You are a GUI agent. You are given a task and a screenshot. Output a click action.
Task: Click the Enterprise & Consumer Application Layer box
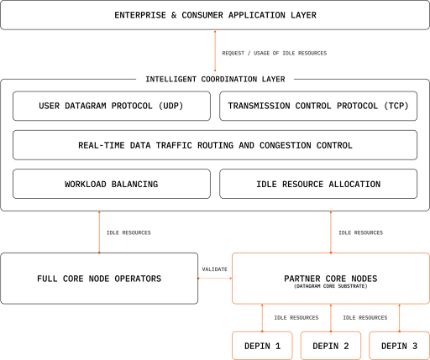click(215, 15)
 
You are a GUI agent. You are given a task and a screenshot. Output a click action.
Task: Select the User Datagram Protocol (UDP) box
click(112, 106)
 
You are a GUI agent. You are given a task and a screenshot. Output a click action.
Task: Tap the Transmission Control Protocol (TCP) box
click(318, 106)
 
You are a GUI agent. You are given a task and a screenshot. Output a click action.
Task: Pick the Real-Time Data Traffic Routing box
click(215, 145)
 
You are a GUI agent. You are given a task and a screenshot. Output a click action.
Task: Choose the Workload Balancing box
click(112, 184)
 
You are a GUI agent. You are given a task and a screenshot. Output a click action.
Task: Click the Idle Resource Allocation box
click(318, 184)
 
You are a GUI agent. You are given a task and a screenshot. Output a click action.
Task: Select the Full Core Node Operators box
click(99, 279)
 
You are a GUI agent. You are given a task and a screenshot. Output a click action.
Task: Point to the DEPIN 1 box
click(262, 346)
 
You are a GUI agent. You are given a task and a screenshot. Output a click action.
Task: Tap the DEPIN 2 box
click(331, 346)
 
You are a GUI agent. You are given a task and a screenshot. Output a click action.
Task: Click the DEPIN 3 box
click(399, 346)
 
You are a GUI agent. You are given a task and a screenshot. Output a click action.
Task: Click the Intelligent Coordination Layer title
click(215, 79)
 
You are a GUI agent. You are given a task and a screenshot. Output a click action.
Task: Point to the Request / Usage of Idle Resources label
click(275, 53)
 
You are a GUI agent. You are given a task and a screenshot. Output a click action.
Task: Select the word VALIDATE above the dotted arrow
click(215, 269)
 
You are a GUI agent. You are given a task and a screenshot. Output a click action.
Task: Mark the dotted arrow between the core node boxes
click(215, 279)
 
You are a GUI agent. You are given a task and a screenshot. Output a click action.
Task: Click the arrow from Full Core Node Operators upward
click(99, 232)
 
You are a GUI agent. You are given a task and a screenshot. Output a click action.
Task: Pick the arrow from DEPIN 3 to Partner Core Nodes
click(399, 318)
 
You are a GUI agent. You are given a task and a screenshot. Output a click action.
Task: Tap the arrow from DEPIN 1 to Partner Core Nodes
click(262, 318)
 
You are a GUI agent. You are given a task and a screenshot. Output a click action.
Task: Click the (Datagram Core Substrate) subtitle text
click(331, 286)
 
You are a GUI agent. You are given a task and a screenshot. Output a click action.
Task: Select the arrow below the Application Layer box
click(215, 51)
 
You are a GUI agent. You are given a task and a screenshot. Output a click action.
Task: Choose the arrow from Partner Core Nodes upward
click(331, 232)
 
